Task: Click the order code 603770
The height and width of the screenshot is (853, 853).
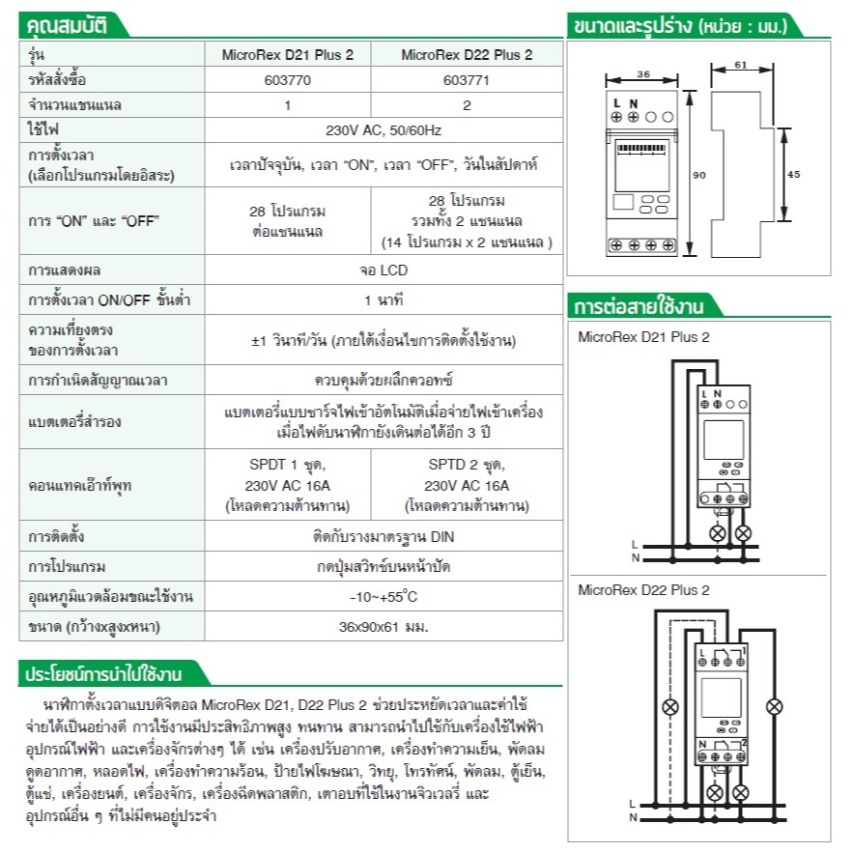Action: pyautogui.click(x=287, y=80)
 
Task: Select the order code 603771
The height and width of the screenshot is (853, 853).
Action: pyautogui.click(x=466, y=80)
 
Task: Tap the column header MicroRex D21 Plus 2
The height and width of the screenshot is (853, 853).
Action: pyautogui.click(x=288, y=55)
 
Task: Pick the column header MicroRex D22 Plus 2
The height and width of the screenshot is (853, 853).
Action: pyautogui.click(x=467, y=55)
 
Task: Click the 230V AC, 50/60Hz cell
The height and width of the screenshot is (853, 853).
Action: pyautogui.click(x=384, y=129)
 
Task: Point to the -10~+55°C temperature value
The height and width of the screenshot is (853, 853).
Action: pyautogui.click(x=384, y=597)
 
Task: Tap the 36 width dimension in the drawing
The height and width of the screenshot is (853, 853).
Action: pyautogui.click(x=643, y=73)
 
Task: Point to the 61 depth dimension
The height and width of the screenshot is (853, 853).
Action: pyautogui.click(x=740, y=64)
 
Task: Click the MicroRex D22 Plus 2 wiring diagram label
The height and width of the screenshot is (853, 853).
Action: pyautogui.click(x=643, y=589)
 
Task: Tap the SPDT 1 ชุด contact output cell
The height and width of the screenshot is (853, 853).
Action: pyautogui.click(x=287, y=464)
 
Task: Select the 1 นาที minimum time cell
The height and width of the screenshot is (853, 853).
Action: pyautogui.click(x=384, y=299)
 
